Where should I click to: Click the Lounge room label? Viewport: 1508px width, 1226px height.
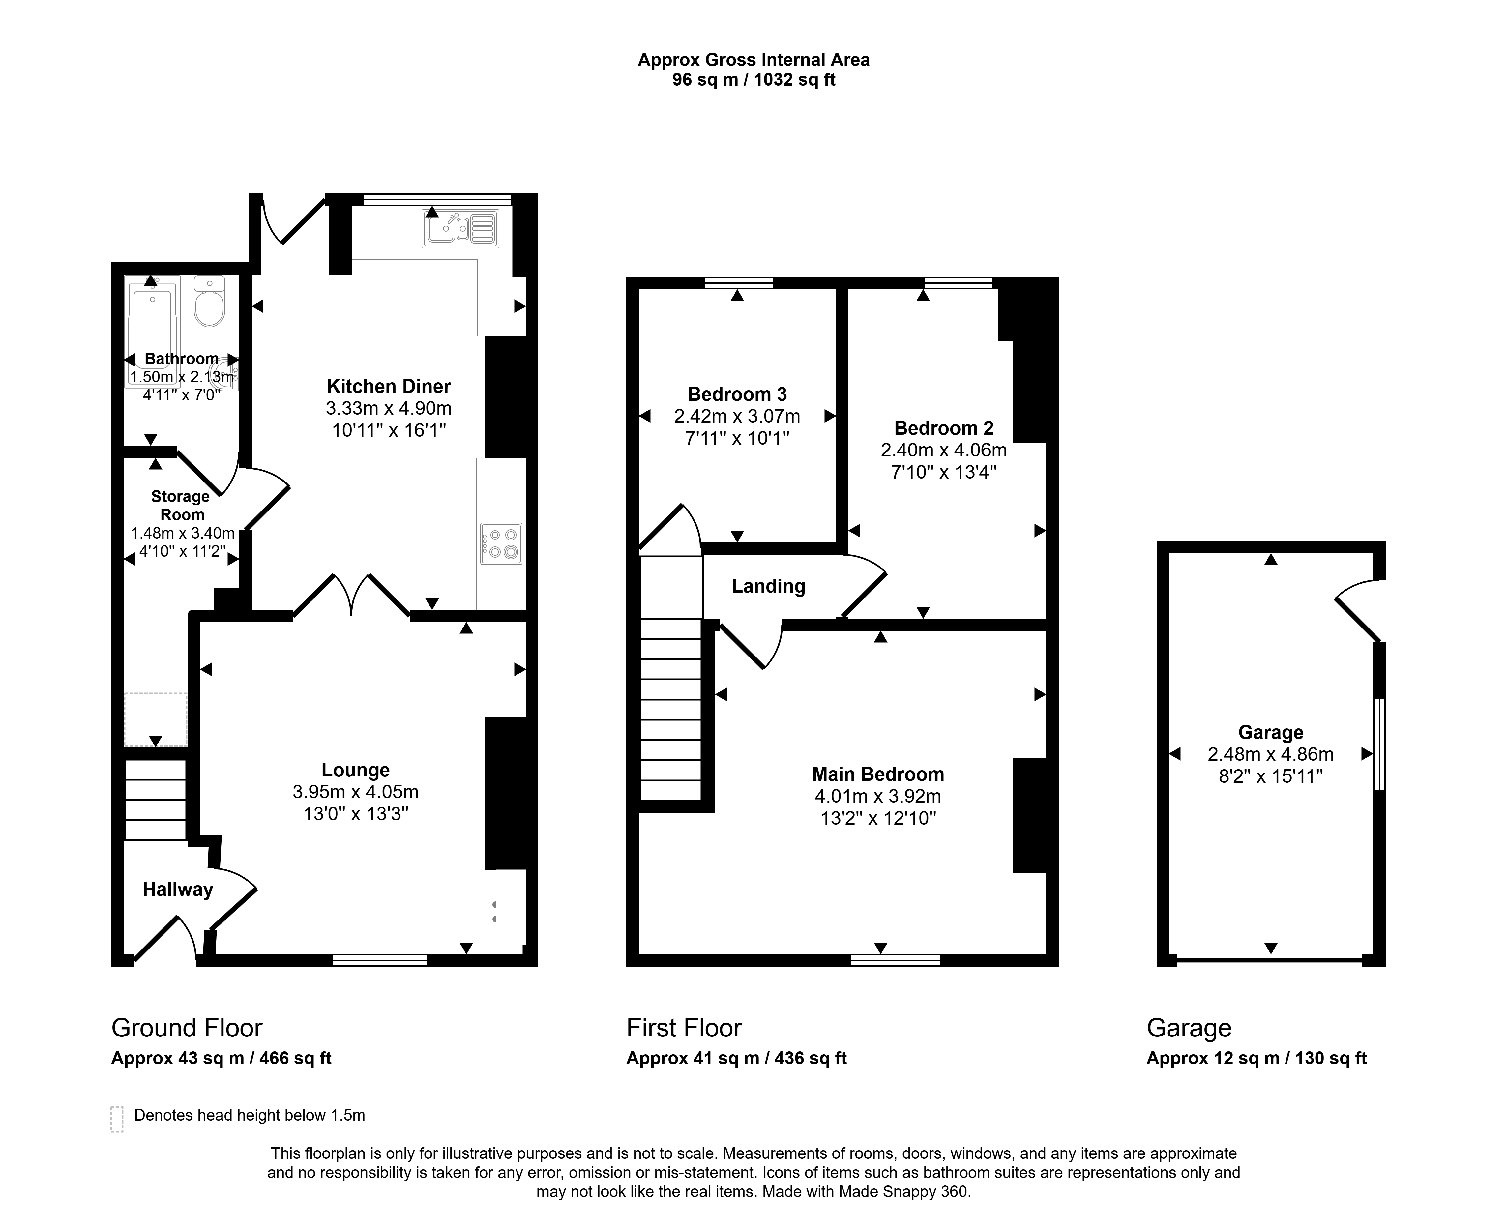[355, 770]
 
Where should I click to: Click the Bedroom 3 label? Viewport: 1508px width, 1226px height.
[737, 394]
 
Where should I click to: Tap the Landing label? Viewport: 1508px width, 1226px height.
[768, 586]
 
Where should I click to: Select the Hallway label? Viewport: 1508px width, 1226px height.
[178, 890]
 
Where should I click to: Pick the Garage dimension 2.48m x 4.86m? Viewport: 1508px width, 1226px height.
[1271, 754]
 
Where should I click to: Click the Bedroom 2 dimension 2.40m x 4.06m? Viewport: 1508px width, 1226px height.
[944, 450]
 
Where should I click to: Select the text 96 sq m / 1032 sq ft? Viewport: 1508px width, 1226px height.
[754, 80]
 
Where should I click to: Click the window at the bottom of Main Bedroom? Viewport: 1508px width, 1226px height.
[896, 960]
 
